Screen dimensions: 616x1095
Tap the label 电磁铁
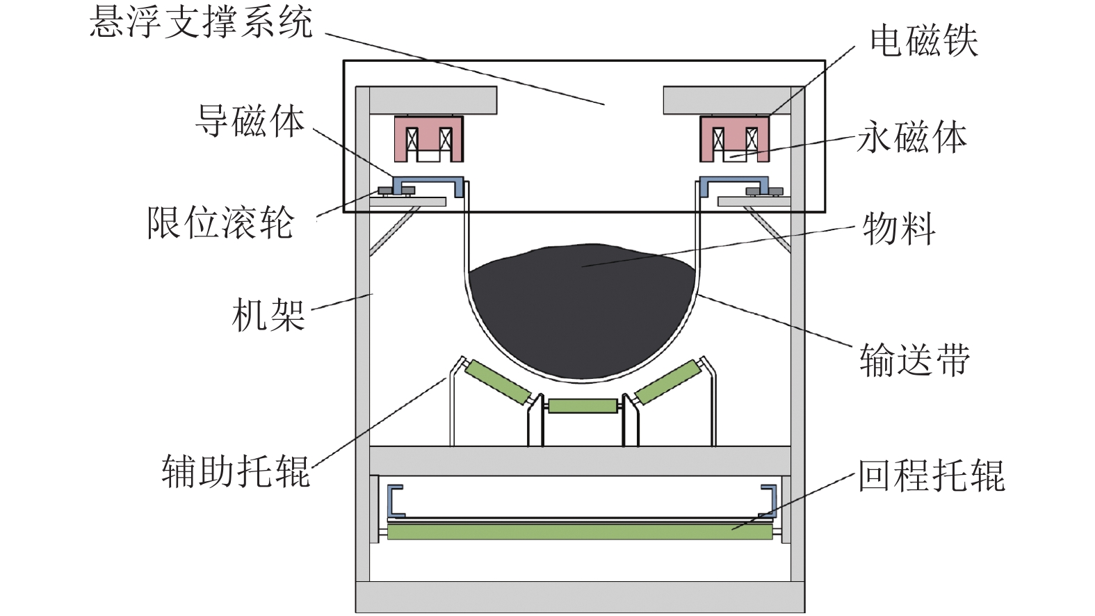(924, 41)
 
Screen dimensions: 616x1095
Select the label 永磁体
(911, 137)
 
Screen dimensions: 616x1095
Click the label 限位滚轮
(220, 223)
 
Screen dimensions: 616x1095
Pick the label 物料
(899, 229)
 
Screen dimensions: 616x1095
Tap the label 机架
(268, 315)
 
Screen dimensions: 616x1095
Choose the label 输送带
(914, 359)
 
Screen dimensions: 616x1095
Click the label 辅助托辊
(236, 471)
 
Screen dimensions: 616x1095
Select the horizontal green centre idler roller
(583, 406)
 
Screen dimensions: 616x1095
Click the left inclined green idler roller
(496, 381)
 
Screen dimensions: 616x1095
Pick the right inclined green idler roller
(667, 381)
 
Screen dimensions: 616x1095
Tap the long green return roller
(580, 532)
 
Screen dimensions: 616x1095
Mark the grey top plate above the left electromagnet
(432, 100)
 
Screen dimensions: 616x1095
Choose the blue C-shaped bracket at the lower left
(394, 501)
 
